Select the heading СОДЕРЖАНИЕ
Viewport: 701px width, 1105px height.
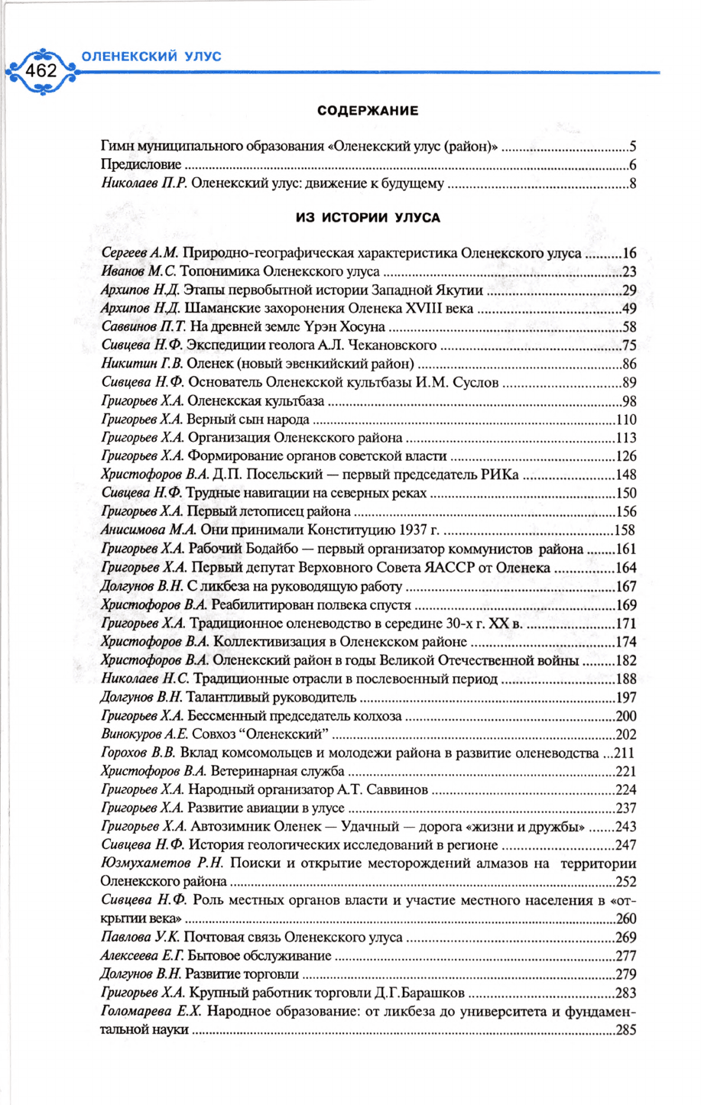point(368,111)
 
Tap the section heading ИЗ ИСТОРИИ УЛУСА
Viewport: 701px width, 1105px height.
point(368,218)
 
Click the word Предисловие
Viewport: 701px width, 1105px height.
point(141,164)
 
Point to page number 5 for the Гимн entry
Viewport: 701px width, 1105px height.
point(633,146)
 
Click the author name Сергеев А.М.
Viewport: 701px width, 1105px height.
point(139,253)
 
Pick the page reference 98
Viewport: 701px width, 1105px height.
point(629,401)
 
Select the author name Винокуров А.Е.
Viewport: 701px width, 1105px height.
point(145,734)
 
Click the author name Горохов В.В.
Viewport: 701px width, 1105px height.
point(138,753)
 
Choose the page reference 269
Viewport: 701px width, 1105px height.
point(626,938)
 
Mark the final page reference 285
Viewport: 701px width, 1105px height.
point(626,1030)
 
